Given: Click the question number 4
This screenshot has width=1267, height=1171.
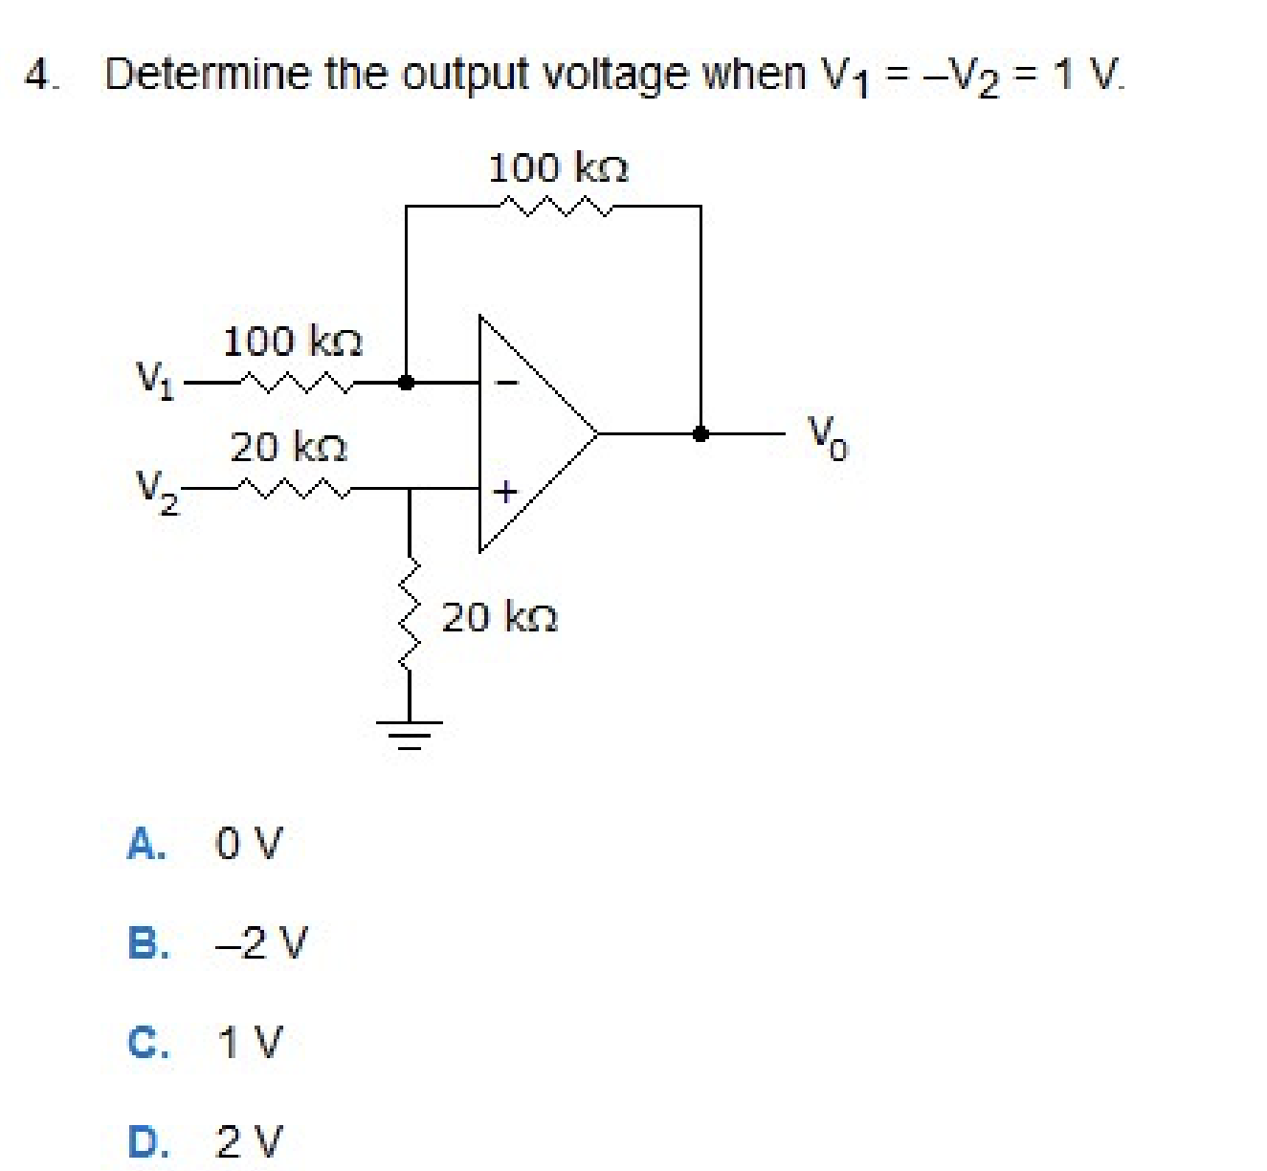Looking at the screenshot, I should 36,75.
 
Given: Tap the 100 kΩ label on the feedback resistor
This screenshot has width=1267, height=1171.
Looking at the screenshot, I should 558,168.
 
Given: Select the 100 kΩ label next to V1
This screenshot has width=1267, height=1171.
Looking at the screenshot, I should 292,342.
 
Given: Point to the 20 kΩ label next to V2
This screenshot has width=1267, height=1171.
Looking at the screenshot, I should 288,447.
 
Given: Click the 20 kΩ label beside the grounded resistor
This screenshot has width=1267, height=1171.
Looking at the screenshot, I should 500,617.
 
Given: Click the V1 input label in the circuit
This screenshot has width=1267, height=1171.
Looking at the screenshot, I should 154,378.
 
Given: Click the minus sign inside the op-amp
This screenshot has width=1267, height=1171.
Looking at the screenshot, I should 507,383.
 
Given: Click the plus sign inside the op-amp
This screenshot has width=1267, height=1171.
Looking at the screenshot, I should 505,492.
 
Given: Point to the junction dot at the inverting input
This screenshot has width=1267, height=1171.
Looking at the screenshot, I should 406,383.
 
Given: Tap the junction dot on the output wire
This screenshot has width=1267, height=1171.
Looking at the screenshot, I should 700,433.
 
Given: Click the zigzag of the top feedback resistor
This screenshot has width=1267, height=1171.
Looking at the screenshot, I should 555,205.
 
